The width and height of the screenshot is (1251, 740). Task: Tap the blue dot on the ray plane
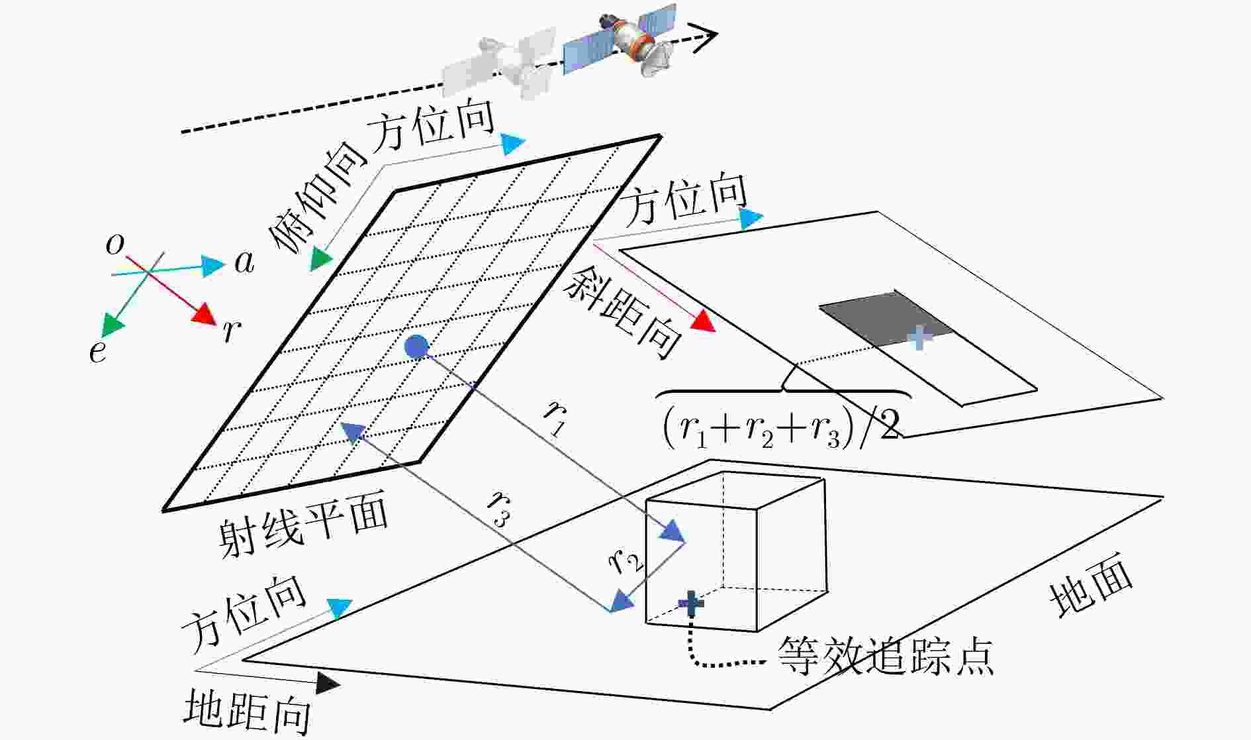[x=416, y=346]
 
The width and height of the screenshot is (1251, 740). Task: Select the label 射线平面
[x=303, y=527]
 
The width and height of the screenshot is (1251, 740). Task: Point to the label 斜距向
[x=622, y=314]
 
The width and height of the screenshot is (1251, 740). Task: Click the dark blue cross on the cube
[x=691, y=602]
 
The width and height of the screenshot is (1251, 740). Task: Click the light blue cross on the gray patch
[x=920, y=337]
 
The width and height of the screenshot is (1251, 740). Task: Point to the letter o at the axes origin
[x=115, y=245]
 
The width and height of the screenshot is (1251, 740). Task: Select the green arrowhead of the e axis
[x=113, y=324]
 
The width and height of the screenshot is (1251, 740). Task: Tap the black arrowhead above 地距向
[x=328, y=682]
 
